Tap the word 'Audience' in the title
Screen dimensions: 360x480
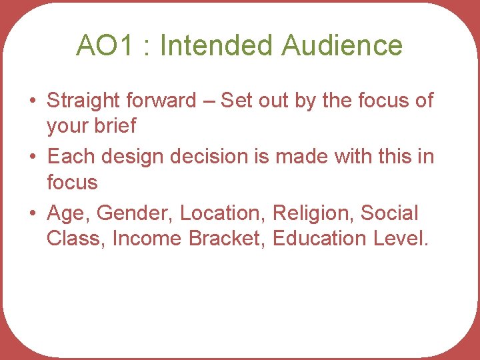click(x=342, y=45)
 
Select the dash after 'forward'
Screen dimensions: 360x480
click(x=208, y=101)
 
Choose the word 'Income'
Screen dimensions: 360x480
click(x=148, y=238)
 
